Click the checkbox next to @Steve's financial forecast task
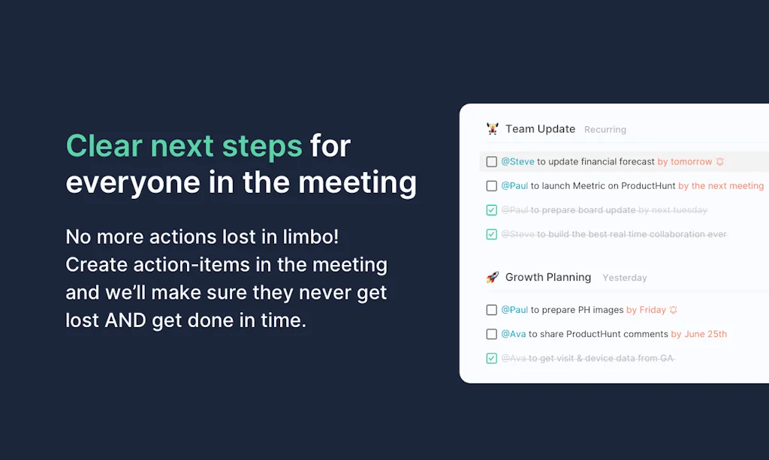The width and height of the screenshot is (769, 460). [x=492, y=161]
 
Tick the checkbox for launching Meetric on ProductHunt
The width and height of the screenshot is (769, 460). [x=492, y=186]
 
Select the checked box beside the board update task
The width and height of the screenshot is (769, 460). [x=492, y=211]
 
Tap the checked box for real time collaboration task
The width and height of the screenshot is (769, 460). [x=492, y=234]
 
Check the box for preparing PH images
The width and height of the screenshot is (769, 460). [x=492, y=310]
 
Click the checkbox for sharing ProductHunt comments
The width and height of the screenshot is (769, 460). [x=492, y=334]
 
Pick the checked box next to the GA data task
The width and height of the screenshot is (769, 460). [x=492, y=359]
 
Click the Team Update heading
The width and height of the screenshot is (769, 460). [x=540, y=129]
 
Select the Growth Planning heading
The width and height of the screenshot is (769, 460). [x=547, y=278]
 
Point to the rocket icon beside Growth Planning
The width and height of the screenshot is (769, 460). [x=493, y=278]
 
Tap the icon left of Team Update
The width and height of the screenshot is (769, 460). [x=493, y=129]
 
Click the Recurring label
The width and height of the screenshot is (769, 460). [x=605, y=130]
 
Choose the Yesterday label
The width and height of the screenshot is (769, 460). [x=624, y=278]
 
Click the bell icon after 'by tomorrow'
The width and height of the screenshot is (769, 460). [x=720, y=161]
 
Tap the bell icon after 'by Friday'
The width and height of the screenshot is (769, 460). [x=674, y=310]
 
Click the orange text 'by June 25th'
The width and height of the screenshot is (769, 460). [x=698, y=334]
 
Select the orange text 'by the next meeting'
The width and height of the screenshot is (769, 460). [x=720, y=186]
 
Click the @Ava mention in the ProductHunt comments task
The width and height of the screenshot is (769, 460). [x=513, y=334]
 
